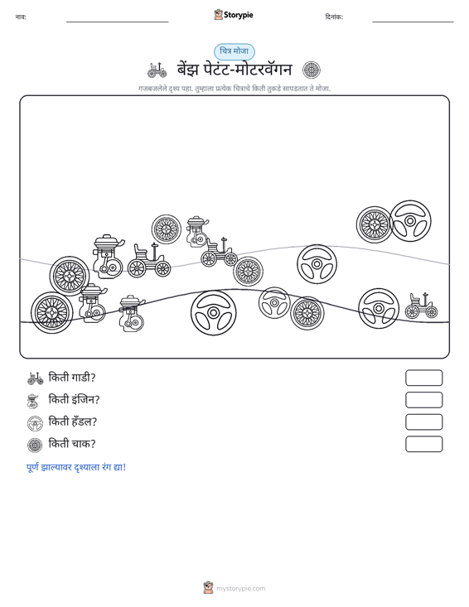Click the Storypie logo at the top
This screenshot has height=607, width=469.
(x=234, y=15)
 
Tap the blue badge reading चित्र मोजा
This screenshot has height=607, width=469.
(x=234, y=51)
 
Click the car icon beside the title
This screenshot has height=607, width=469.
(x=157, y=70)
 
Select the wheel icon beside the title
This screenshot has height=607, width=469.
(x=312, y=70)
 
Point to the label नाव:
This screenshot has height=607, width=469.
(x=21, y=17)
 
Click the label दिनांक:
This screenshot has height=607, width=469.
(x=334, y=17)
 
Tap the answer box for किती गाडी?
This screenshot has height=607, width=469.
(x=423, y=378)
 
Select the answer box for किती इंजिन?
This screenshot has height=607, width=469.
(x=423, y=400)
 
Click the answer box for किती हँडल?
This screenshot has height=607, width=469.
(x=423, y=422)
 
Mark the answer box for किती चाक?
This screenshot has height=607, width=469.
(x=423, y=444)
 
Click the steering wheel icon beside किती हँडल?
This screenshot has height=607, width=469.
(x=35, y=423)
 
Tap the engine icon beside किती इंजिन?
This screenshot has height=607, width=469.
(x=33, y=401)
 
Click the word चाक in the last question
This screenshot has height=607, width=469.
(x=83, y=444)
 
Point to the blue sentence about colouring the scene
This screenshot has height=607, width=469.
(x=76, y=467)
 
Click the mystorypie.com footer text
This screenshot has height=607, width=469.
(x=240, y=589)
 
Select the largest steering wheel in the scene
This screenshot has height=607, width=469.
(x=214, y=312)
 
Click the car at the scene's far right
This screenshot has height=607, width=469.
(x=422, y=306)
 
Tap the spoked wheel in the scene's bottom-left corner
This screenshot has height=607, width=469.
(x=52, y=312)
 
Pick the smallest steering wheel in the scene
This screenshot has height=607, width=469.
(x=274, y=303)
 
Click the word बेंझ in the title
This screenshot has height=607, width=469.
(x=188, y=70)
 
